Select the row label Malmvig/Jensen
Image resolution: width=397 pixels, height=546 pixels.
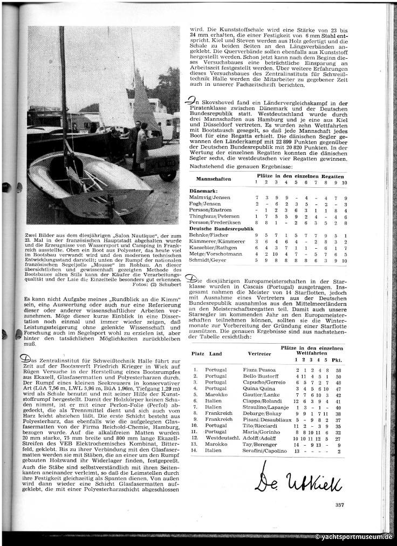[x=208, y=198]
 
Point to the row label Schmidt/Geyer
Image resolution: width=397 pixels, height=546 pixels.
[x=206, y=261]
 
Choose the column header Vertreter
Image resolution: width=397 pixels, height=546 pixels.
[x=259, y=354]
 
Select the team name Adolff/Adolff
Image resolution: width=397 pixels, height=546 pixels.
[x=257, y=438]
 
